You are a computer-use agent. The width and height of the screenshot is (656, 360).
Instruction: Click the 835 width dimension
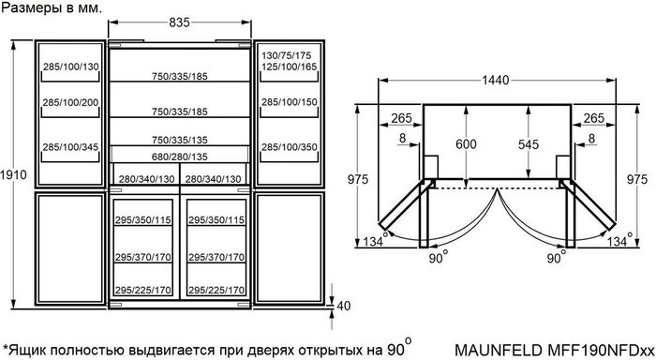point(180,22)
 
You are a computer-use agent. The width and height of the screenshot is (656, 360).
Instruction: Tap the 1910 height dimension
point(13,174)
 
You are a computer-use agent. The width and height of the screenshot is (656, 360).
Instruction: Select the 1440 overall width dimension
point(496,80)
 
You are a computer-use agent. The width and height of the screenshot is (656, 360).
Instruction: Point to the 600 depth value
point(466,144)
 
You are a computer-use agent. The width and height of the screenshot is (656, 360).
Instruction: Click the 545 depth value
point(529,144)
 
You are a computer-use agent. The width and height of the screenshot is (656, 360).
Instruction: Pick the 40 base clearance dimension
point(344,306)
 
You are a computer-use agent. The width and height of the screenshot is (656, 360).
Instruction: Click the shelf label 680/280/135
point(180,157)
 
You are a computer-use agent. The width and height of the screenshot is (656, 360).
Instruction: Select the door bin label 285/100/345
point(70,147)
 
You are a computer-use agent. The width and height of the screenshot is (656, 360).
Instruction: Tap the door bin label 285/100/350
point(290,147)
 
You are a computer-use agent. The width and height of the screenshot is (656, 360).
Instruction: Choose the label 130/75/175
point(287,55)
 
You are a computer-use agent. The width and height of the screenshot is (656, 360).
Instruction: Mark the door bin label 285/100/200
point(70,102)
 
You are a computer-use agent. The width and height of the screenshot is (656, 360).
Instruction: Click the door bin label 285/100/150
point(290,102)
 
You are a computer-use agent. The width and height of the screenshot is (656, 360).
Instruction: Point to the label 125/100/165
point(290,67)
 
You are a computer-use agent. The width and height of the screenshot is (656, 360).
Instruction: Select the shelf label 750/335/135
point(180,140)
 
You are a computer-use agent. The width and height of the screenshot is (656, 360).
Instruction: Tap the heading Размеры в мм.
point(52,7)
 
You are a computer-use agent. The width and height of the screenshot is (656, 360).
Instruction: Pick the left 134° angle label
point(375,240)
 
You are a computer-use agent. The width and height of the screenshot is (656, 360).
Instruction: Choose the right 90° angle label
point(557,256)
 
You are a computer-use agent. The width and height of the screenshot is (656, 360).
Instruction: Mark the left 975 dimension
point(358,179)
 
